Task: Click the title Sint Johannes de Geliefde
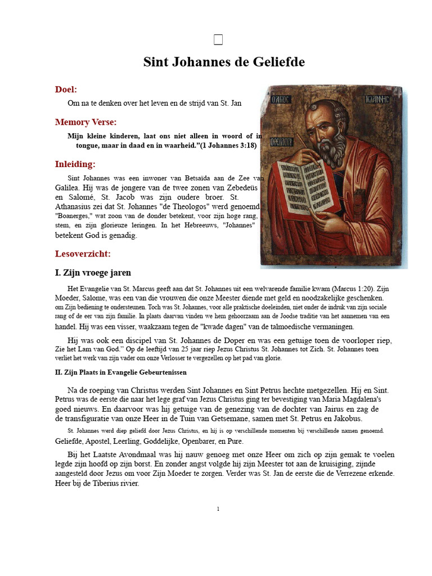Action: click(x=224, y=62)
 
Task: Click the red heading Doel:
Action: click(x=66, y=89)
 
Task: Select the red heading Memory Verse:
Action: click(x=85, y=122)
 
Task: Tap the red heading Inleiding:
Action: click(x=75, y=164)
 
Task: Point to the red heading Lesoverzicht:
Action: click(x=83, y=254)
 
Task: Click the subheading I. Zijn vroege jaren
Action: click(x=93, y=273)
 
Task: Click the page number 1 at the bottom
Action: click(x=218, y=509)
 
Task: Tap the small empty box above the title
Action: click(x=219, y=39)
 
